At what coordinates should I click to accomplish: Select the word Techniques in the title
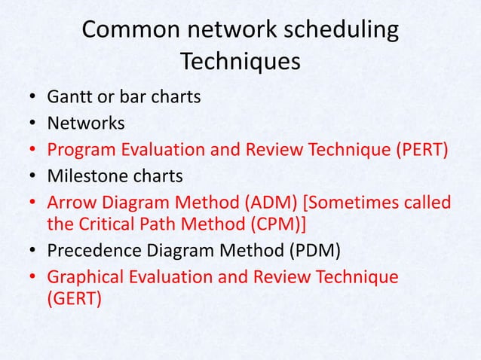[240, 62]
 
